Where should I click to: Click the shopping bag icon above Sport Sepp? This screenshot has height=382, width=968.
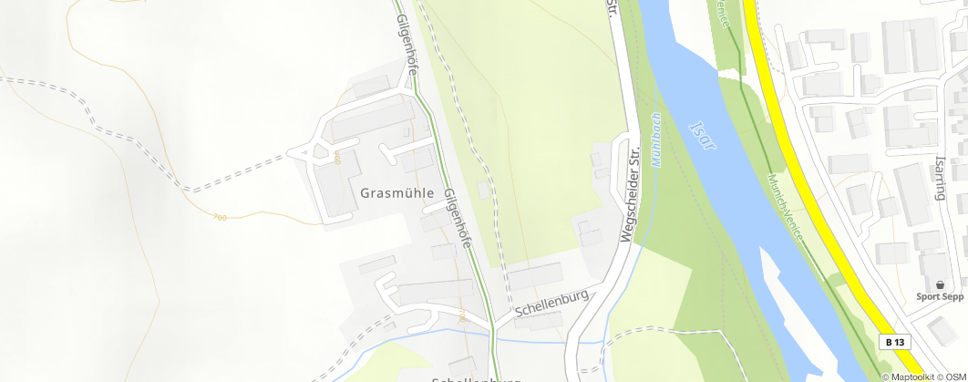pyautogui.click(x=940, y=284)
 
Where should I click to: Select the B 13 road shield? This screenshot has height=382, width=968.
pyautogui.click(x=896, y=342)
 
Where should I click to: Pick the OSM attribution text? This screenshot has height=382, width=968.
pyautogui.click(x=954, y=377)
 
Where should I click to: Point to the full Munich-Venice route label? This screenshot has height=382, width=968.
pyautogui.click(x=786, y=206)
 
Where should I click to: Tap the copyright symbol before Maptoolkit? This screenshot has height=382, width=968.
pyautogui.click(x=885, y=377)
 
